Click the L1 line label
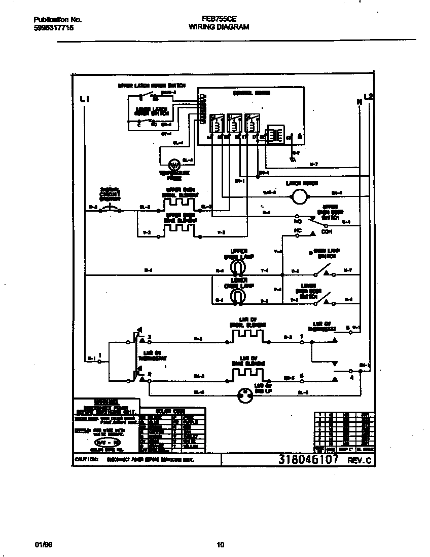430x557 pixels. point(85,99)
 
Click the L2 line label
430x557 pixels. point(369,97)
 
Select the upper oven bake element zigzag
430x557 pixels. point(179,229)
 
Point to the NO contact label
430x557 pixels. point(298,221)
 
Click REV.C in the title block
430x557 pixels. point(359,461)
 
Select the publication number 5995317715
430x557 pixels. point(53,29)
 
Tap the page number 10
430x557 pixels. point(220,545)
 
